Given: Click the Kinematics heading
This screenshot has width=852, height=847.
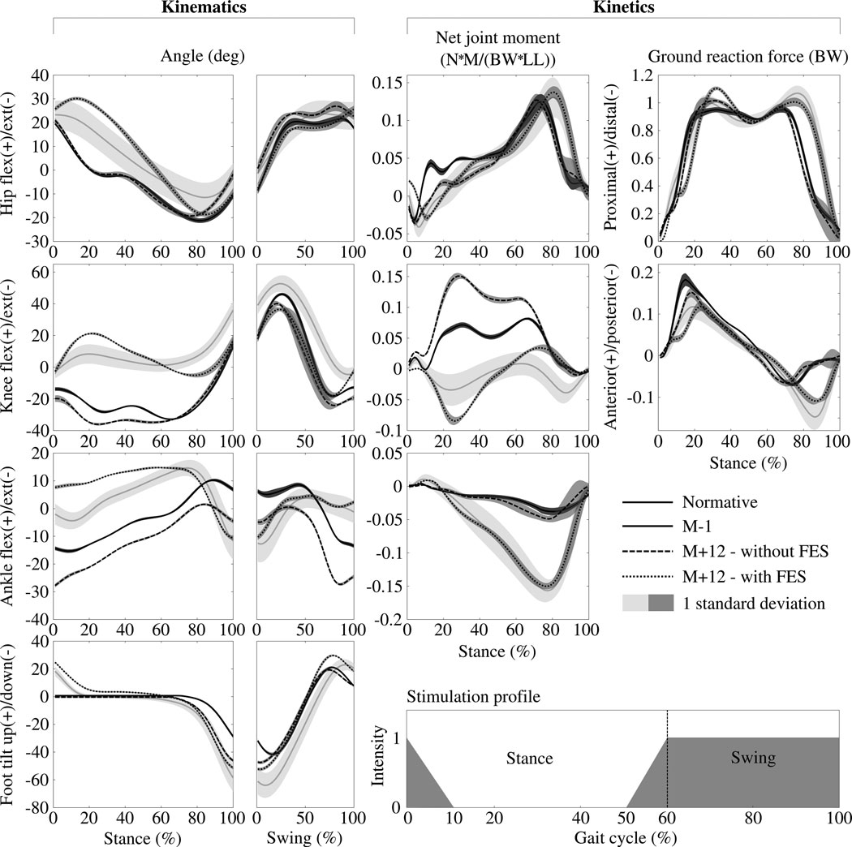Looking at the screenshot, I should pyautogui.click(x=203, y=7).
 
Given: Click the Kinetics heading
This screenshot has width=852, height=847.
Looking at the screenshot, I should pyautogui.click(x=622, y=7).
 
